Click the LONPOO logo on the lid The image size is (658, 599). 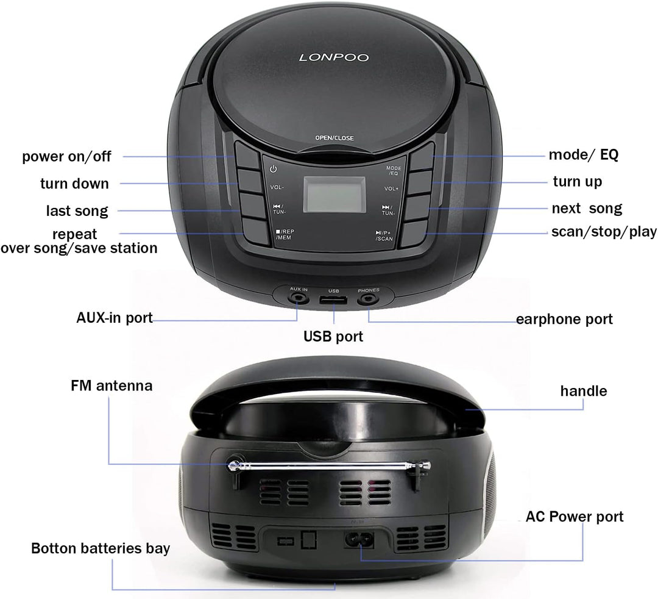click(333, 58)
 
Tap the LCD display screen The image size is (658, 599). click(334, 194)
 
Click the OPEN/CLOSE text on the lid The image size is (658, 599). click(334, 138)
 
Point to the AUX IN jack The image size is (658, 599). click(299, 299)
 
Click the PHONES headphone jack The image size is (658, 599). click(368, 299)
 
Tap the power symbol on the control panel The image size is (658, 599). click(274, 169)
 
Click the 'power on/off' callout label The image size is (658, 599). click(67, 156)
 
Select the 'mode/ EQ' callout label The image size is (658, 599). click(583, 155)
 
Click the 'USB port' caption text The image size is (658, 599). click(333, 336)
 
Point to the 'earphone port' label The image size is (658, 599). click(564, 319)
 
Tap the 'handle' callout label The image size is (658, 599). click(583, 390)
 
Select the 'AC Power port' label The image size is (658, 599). click(575, 517)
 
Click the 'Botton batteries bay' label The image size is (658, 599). click(101, 548)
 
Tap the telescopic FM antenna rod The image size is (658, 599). click(329, 467)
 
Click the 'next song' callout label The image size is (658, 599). click(587, 209)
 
